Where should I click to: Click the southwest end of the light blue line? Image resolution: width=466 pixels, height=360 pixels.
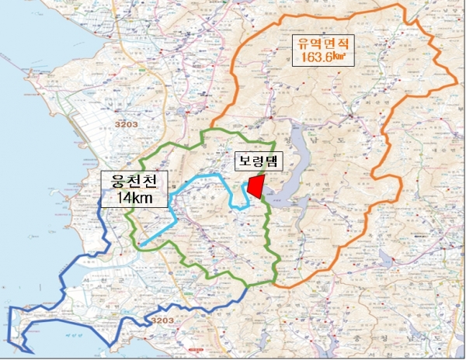tap(142, 246)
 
